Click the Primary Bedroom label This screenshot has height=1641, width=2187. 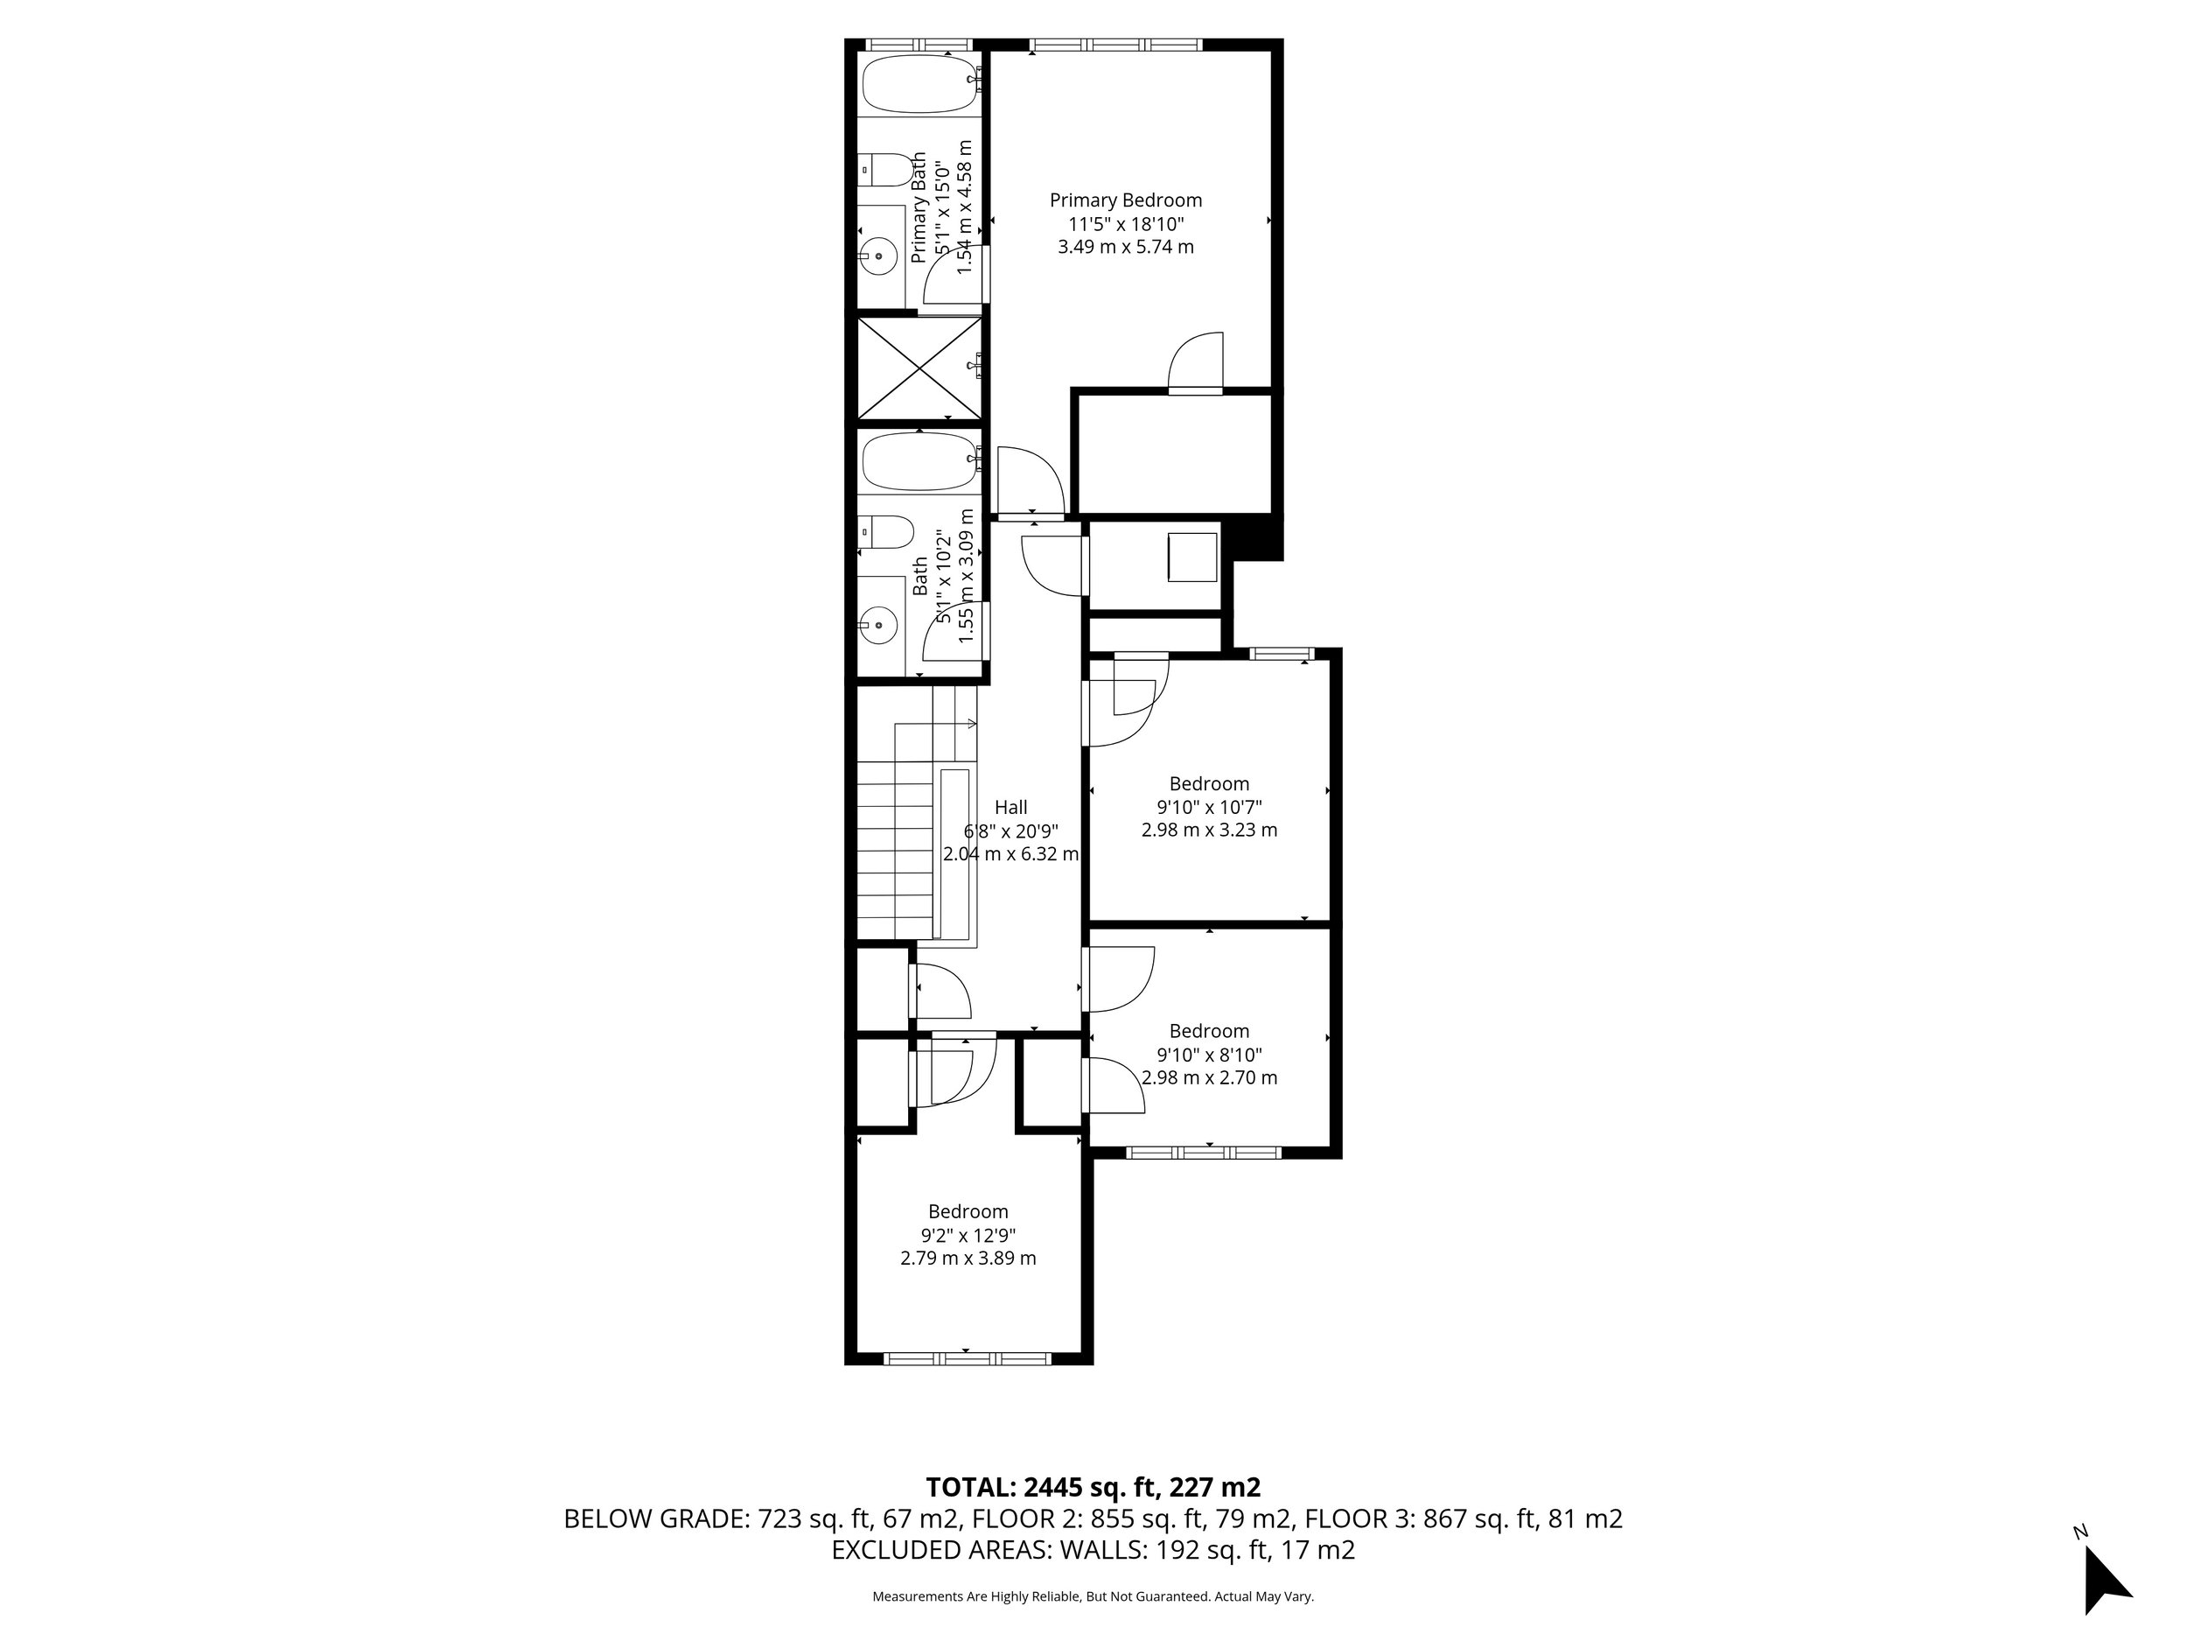pos(1125,200)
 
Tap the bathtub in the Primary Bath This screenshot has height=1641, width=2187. pos(919,84)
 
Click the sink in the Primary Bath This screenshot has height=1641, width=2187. pos(877,256)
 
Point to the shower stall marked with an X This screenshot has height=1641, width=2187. pos(919,369)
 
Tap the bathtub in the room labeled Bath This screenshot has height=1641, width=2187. pos(919,461)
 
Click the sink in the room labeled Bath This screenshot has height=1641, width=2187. pos(877,625)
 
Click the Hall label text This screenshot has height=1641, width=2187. pos(1010,807)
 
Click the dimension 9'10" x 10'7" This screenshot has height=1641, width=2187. pos(1209,807)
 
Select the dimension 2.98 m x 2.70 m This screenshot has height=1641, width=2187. pos(1209,1078)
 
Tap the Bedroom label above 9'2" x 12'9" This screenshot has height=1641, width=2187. pos(968,1211)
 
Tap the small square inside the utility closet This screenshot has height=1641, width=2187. pos(1192,557)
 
